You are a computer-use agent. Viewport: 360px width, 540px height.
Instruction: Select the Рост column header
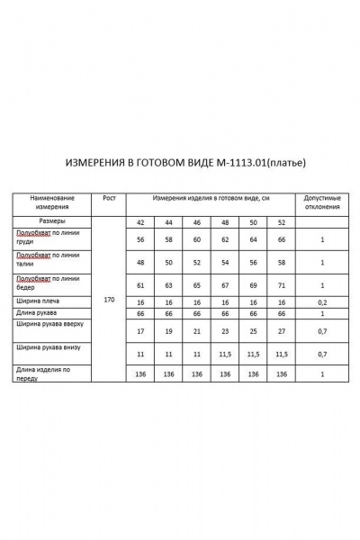[109, 197]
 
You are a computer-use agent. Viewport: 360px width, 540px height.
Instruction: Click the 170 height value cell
[109, 298]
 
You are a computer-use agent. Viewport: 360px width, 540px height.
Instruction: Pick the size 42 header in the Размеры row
[140, 222]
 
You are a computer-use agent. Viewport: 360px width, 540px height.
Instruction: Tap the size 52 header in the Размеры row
[282, 222]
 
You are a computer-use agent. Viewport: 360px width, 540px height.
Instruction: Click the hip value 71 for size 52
[282, 285]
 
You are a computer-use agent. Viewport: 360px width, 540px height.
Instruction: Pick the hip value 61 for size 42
[140, 285]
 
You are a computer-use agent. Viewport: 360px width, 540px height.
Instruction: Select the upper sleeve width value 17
[140, 331]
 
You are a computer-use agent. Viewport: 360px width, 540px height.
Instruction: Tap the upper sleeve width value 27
[282, 331]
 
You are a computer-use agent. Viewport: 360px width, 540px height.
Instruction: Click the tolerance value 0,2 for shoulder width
[321, 302]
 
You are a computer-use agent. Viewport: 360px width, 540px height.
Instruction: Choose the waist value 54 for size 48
[225, 263]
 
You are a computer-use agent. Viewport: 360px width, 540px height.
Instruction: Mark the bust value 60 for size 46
[196, 240]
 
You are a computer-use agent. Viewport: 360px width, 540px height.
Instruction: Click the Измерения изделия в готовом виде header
[211, 197]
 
